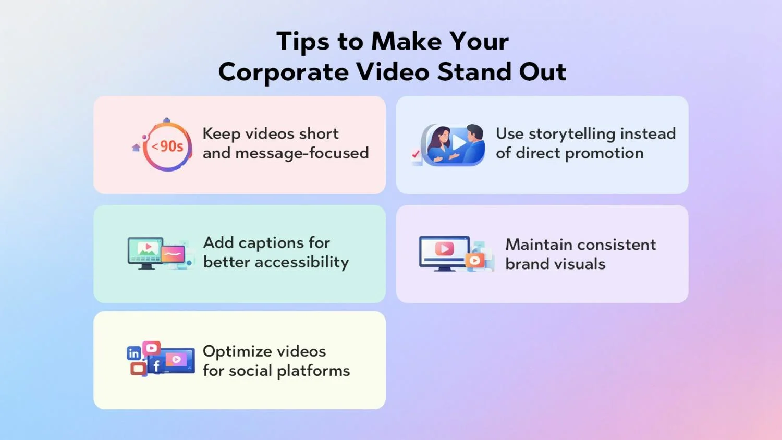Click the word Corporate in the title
283,72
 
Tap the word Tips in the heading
303,42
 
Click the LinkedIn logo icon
134,353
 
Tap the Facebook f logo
156,365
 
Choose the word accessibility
302,263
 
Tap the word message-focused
302,153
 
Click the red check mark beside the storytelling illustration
416,154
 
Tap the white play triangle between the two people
459,142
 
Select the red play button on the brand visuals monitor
444,249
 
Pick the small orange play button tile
475,261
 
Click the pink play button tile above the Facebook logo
152,348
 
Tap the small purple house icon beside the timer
136,148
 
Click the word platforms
313,371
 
